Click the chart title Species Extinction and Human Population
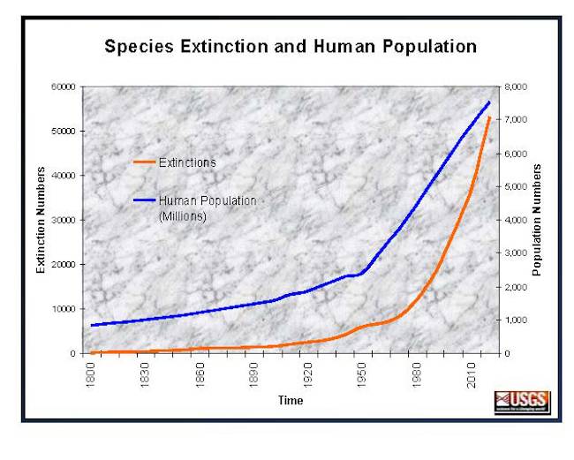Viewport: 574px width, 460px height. pyautogui.click(x=291, y=46)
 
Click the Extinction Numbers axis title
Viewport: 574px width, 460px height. pyautogui.click(x=41, y=220)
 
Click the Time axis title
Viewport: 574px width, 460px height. pyautogui.click(x=291, y=401)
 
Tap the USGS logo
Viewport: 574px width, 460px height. pyautogui.click(x=522, y=402)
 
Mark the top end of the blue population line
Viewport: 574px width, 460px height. pyautogui.click(x=489, y=102)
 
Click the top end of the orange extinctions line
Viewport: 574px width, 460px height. pyautogui.click(x=489, y=117)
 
